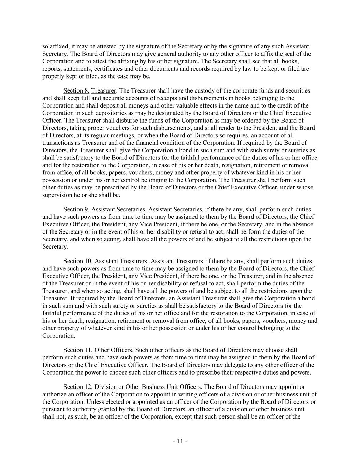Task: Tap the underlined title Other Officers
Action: click(x=113, y=350)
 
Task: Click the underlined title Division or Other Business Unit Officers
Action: click(x=147, y=387)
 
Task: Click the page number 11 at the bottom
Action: click(x=180, y=442)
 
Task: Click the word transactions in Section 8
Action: click(x=57, y=143)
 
